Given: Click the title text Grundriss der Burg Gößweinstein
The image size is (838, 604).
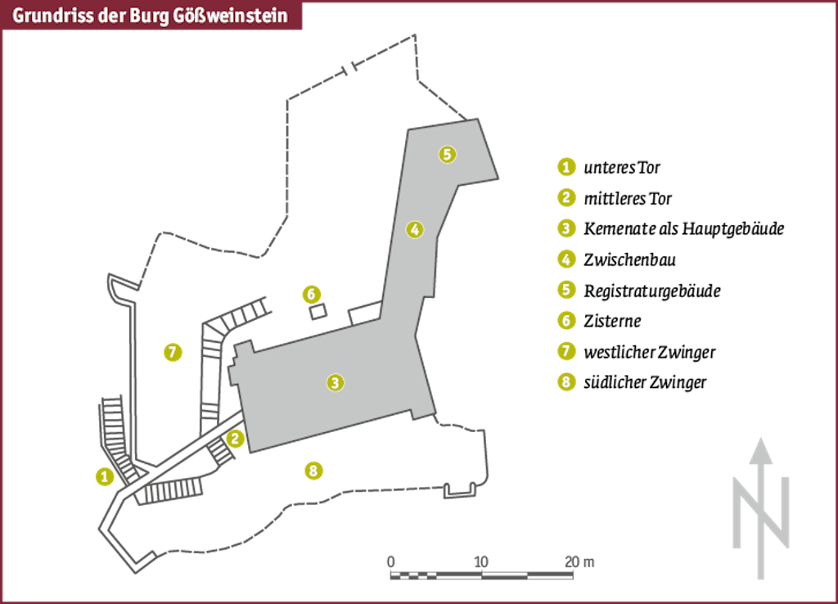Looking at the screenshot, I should click(151, 16).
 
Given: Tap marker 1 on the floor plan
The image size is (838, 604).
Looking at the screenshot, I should click(104, 476).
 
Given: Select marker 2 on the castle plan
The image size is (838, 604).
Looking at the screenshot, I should click(236, 439).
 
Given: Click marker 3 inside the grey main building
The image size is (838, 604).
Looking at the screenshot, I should click(334, 381).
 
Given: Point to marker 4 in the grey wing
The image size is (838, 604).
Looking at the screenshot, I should click(415, 230).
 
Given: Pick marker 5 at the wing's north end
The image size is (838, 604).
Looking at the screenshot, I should click(446, 153).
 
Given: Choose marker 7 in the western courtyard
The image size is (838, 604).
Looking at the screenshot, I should click(172, 352).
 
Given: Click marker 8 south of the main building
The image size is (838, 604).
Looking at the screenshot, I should click(313, 471).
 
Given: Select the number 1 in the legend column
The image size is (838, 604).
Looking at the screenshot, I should click(566, 167).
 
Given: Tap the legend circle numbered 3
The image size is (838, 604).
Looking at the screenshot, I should click(566, 228).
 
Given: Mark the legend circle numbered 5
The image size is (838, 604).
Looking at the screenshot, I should click(566, 290).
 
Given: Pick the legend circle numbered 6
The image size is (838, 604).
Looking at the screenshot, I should click(566, 321).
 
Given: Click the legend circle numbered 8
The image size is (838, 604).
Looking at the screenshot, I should click(566, 381).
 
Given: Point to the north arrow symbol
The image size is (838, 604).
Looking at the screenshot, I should click(761, 507).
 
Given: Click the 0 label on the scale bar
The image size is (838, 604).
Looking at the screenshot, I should click(390, 561).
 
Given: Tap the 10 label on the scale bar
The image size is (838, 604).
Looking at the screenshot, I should click(480, 561).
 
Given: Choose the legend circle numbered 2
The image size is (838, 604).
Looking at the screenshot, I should click(566, 197).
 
